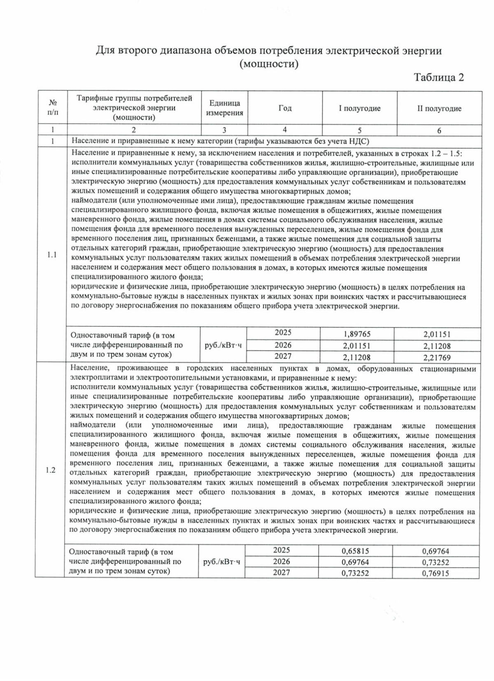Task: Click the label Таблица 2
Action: [439, 77]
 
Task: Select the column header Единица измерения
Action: [224, 108]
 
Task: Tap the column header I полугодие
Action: [359, 108]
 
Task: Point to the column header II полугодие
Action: [439, 109]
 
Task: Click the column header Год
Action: [285, 108]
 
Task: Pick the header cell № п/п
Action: [53, 107]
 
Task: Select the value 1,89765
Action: [357, 335]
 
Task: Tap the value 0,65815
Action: [355, 551]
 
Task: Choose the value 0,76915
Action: [436, 573]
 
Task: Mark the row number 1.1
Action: [52, 255]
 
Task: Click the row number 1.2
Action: [50, 470]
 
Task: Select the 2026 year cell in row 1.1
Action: [283, 345]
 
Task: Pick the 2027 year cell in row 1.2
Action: [282, 572]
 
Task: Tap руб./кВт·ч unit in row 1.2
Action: [221, 562]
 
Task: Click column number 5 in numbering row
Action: [359, 131]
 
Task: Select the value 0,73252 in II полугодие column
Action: [436, 562]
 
